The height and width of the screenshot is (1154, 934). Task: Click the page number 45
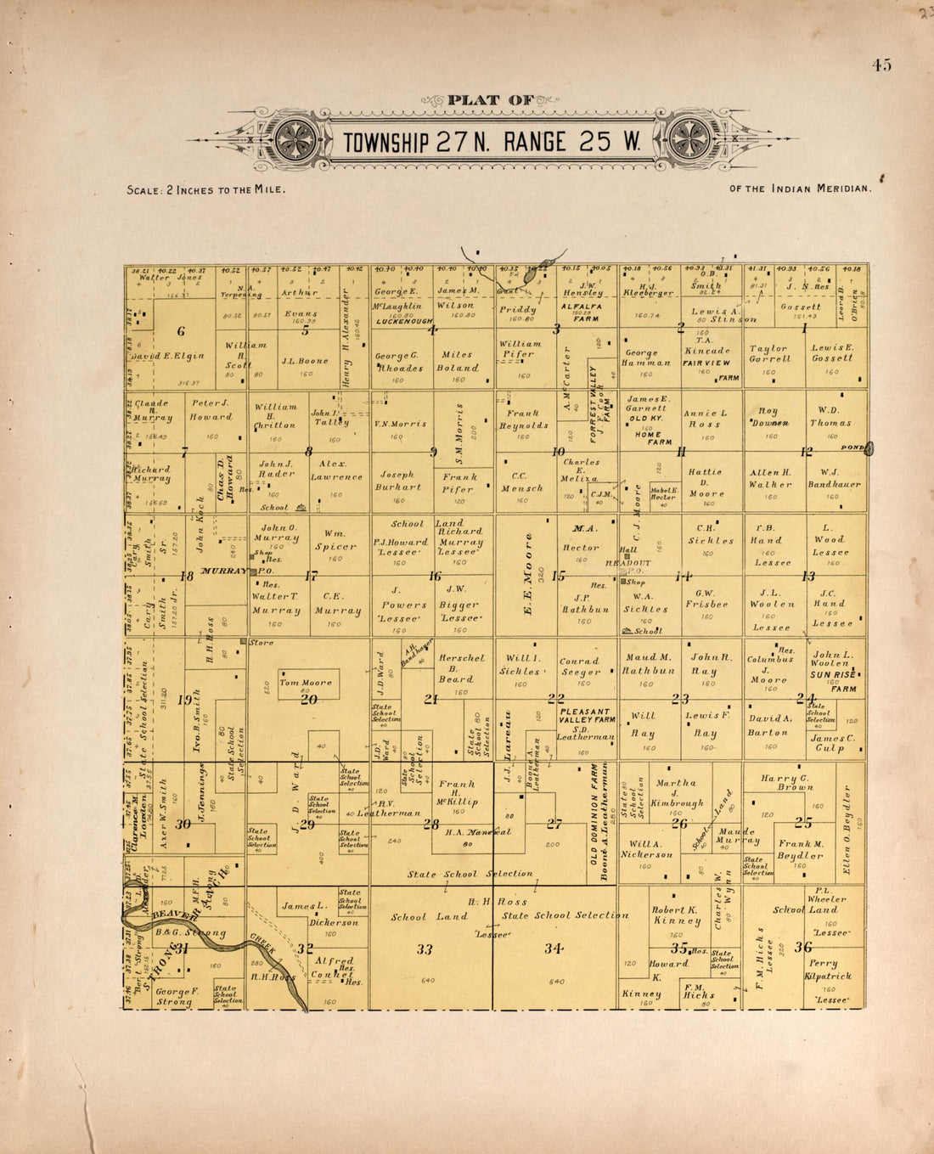[881, 65]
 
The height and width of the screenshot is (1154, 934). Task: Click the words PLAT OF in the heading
[486, 100]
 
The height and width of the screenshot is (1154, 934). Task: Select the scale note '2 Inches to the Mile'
[205, 189]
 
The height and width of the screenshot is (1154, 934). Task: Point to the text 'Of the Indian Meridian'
[800, 189]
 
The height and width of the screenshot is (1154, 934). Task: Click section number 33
[425, 949]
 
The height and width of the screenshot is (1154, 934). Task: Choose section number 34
[554, 949]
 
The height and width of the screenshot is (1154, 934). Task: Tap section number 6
[181, 331]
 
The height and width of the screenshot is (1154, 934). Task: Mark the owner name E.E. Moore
[529, 574]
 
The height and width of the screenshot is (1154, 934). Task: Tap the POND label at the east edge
[851, 447]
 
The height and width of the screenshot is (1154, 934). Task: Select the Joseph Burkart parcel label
[400, 481]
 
